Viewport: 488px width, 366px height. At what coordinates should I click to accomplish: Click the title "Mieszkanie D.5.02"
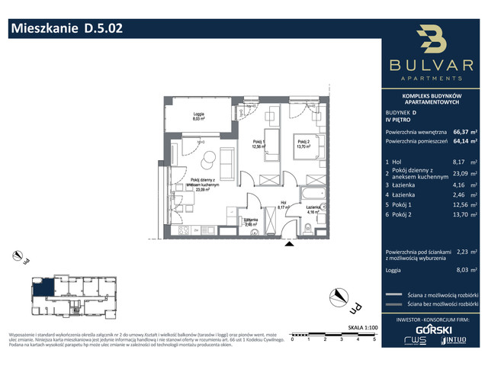click(x=65, y=28)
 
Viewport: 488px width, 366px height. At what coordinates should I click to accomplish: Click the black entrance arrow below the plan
click(x=287, y=244)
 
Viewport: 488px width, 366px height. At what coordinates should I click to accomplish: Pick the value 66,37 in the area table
click(x=461, y=130)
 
